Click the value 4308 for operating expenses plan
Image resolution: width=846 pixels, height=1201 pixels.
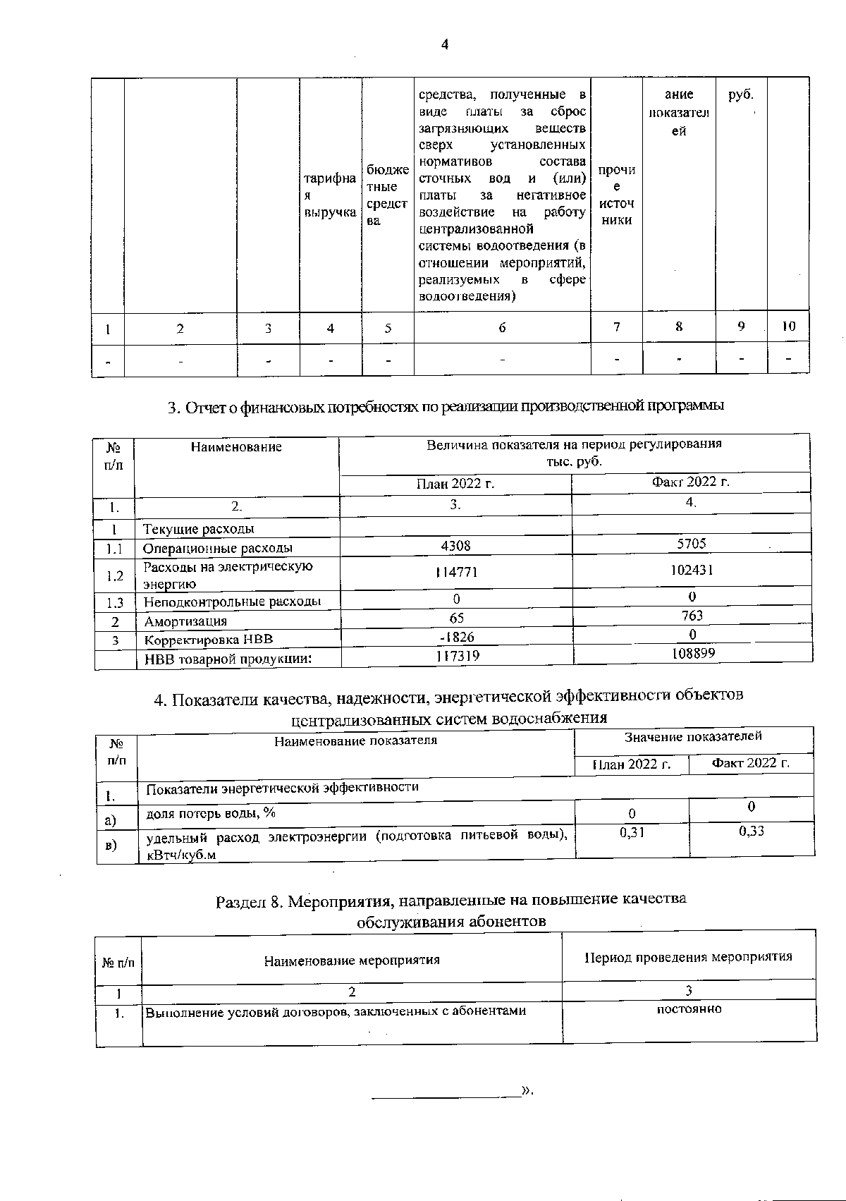point(456,546)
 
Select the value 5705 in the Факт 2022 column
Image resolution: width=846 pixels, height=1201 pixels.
point(692,543)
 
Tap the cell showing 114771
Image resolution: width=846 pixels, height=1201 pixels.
point(456,573)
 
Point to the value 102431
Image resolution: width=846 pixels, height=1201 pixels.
point(692,570)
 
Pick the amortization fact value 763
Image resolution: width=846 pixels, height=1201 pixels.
point(692,615)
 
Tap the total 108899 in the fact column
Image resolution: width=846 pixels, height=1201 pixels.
point(692,654)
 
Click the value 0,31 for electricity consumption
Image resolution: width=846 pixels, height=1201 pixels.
point(632,832)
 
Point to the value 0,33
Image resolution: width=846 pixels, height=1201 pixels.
point(752,831)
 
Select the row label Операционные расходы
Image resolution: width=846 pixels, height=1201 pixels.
point(217,548)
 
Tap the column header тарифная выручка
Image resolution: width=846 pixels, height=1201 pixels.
point(330,195)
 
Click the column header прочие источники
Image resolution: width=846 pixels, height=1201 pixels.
point(616,195)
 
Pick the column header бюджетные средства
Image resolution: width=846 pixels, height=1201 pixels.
point(387,195)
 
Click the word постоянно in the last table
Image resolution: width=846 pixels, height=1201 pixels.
point(689,1009)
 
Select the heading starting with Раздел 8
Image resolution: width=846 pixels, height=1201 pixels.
point(450,910)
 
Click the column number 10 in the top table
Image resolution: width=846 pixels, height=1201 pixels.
point(788,327)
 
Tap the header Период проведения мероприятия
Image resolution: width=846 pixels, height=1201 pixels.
point(688,957)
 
